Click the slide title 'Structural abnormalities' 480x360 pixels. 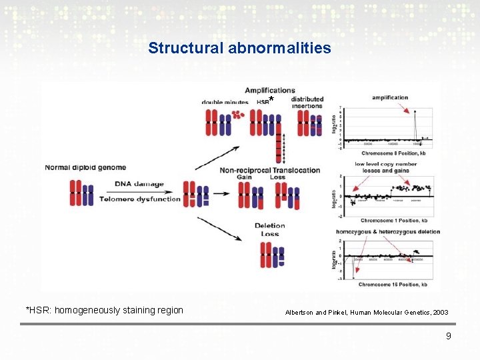point(239,48)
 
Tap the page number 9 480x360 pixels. point(449,336)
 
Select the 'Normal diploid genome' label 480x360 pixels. point(85,167)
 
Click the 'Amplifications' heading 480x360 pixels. point(270,91)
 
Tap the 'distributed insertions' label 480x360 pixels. point(307,103)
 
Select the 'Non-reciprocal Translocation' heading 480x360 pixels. point(270,170)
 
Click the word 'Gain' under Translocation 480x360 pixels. point(245,177)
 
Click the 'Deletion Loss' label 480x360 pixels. point(269,230)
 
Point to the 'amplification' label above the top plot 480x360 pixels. point(390,97)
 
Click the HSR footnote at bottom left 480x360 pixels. point(104,310)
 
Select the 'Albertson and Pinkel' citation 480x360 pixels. point(367,312)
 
